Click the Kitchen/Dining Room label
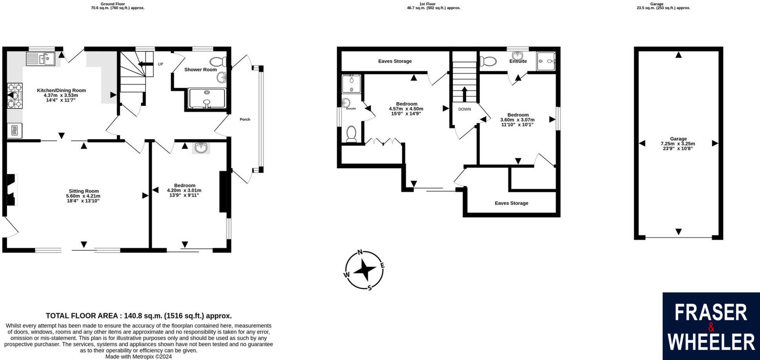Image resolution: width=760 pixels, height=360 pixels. [61, 90]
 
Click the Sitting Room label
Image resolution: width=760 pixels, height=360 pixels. [83, 191]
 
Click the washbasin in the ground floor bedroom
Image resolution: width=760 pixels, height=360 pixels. [201, 148]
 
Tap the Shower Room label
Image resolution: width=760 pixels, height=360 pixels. [200, 69]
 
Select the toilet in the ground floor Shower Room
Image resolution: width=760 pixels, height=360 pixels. [217, 62]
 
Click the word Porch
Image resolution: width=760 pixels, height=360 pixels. [245, 119]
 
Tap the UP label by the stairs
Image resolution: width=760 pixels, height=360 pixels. [160, 64]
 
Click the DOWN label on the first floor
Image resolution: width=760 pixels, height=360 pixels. [464, 109]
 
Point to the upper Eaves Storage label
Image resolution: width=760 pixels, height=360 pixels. [395, 61]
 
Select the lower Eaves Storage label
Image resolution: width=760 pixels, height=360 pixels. [511, 203]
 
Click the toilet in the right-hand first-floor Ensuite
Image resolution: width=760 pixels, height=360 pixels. [488, 62]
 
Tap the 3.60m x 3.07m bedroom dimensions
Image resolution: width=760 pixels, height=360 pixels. [517, 120]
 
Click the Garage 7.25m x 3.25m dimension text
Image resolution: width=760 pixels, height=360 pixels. [678, 144]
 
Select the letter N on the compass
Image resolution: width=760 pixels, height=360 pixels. [360, 253]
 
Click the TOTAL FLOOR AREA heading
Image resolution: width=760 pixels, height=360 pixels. [139, 316]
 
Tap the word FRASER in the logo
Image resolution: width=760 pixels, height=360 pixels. [711, 313]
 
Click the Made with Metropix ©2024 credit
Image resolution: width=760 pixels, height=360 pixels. [139, 357]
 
